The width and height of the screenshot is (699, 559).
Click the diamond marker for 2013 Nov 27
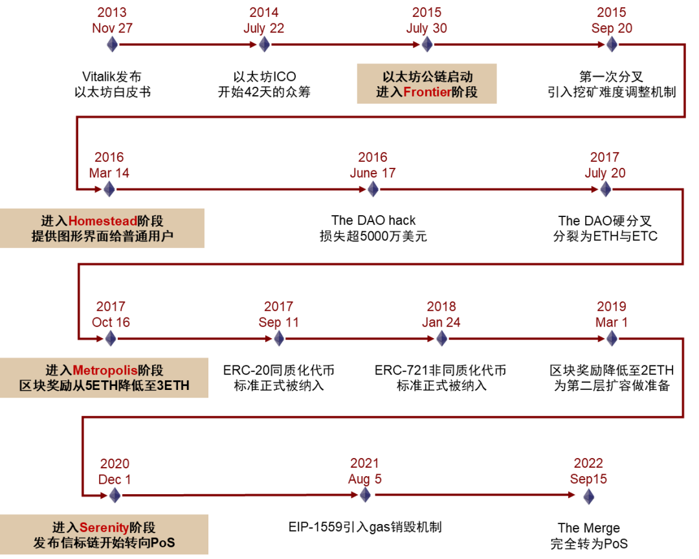pos(113,44)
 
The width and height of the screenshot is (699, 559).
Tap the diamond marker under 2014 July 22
pos(264,44)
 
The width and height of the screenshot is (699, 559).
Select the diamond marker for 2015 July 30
pos(427,44)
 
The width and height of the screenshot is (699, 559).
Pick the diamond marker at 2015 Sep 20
pos(612,44)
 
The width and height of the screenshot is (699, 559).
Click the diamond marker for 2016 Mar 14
pos(109,189)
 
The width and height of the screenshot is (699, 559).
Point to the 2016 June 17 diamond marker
pos(373,189)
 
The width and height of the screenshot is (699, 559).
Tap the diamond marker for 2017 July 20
pos(605,189)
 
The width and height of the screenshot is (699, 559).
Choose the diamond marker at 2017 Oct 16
pos(111,338)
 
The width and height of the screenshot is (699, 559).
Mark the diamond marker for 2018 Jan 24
pos(441,338)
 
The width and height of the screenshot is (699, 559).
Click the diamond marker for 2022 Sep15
pos(588,496)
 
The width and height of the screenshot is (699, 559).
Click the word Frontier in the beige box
pos(427,92)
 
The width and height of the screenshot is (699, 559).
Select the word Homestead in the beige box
pos(103,222)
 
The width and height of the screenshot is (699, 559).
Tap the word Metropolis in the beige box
pos(105,371)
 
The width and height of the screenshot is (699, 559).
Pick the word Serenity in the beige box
pos(104,528)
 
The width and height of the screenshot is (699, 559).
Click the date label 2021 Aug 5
pos(365,472)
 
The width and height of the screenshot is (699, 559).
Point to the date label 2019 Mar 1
pos(612,314)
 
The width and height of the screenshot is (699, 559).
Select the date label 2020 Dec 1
pos(115,472)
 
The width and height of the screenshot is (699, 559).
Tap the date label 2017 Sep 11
pos(278,314)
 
